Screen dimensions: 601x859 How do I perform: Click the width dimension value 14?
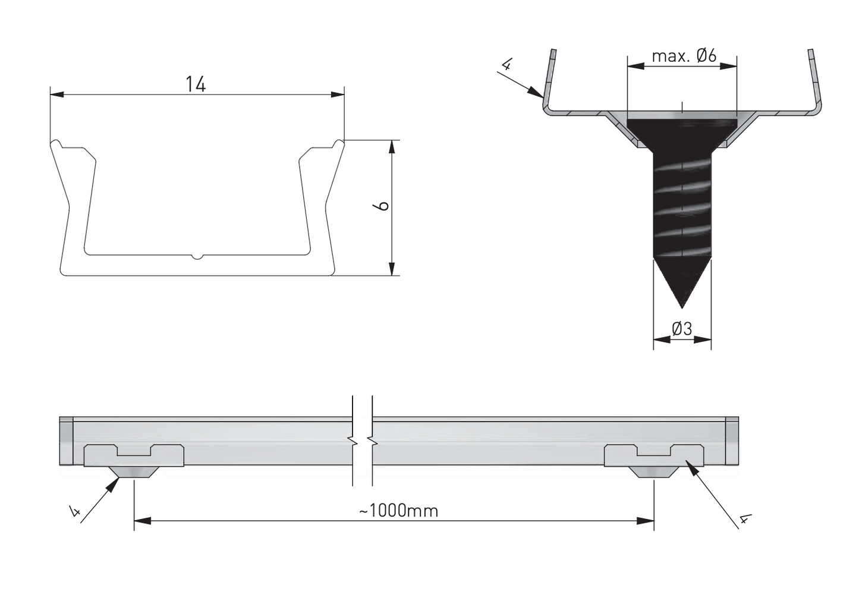point(195,84)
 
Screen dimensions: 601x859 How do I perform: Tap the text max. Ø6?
point(684,56)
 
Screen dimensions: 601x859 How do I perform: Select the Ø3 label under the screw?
point(682,328)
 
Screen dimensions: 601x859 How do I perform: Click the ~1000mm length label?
point(398,510)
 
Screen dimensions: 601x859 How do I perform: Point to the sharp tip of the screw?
point(682,306)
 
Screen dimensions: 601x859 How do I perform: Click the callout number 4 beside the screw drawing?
point(506,64)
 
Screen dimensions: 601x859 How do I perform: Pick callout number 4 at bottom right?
point(743,520)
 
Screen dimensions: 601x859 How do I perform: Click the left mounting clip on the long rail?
point(134,457)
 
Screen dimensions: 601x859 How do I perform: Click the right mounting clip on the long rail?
point(654,457)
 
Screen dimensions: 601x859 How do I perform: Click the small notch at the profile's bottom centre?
point(197,257)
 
